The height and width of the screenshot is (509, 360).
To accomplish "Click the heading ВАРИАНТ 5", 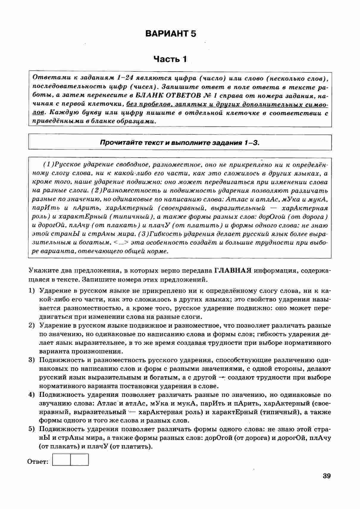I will point(171,34).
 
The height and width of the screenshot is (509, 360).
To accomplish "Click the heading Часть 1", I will point(170,59).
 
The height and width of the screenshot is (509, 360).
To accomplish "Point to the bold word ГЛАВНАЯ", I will point(233,271).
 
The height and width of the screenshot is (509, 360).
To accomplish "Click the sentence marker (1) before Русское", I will point(48,164).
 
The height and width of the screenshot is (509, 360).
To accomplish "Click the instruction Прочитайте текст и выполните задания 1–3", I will point(180,142).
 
